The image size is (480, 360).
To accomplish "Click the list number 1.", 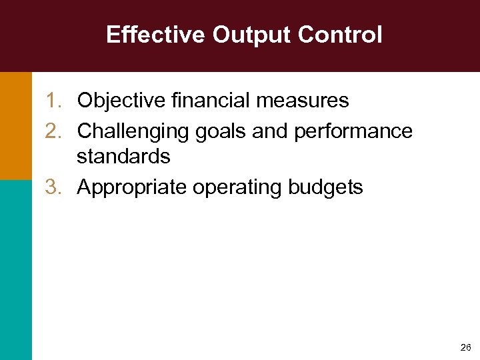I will (x=53, y=101).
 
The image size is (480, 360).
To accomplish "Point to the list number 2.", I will (x=53, y=131).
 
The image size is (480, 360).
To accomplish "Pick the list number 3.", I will (x=53, y=187).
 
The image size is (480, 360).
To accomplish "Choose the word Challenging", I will (x=134, y=131).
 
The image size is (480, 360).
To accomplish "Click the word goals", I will (x=221, y=131).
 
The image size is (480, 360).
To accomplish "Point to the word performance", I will (x=355, y=131).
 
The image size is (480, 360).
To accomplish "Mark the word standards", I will (x=123, y=157).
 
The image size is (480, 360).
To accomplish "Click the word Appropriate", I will (x=132, y=187).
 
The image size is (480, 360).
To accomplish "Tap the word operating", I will (x=238, y=187).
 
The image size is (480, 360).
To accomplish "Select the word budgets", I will (x=326, y=187).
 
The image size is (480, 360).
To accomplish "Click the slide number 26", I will (x=465, y=348).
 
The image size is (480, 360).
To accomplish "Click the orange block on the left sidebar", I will (x=15, y=125).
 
